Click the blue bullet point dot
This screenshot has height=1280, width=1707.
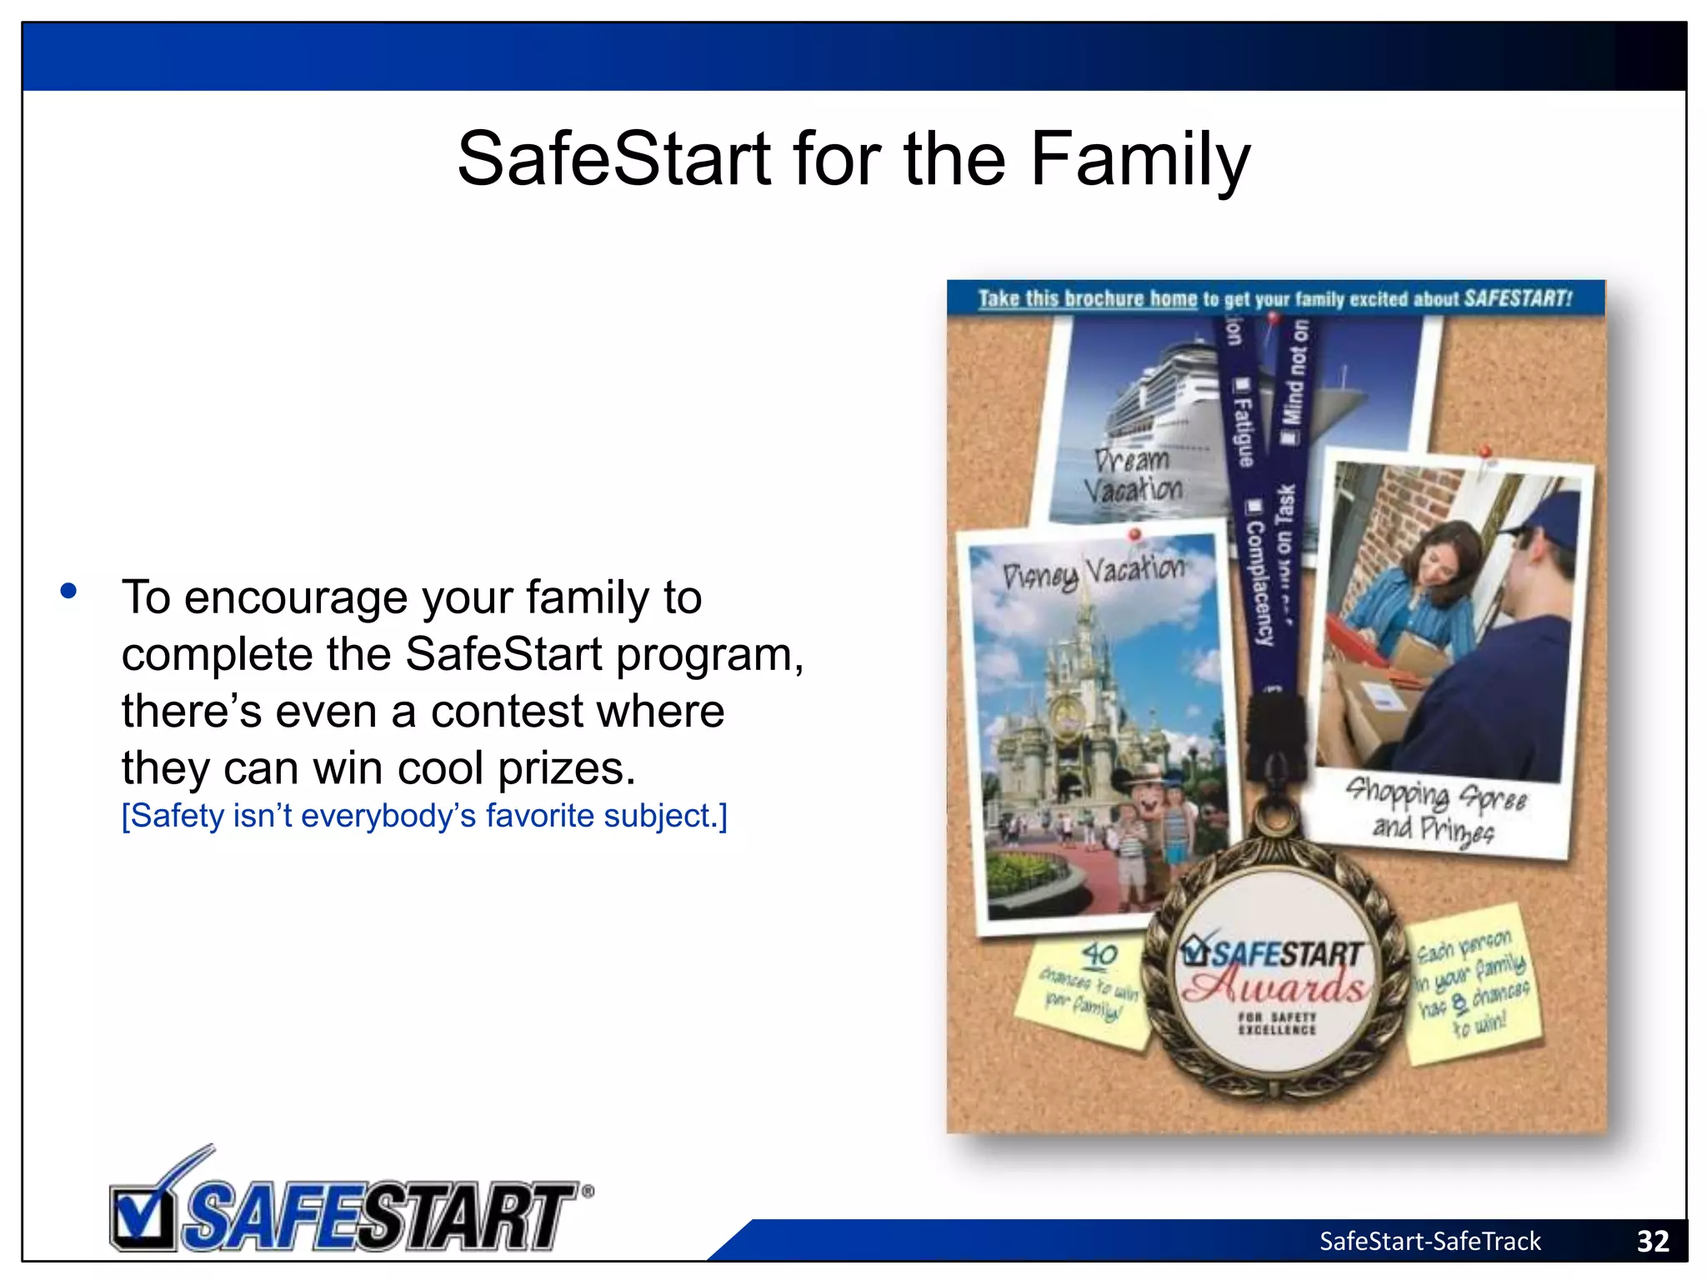point(69,592)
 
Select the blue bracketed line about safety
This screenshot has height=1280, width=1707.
point(424,816)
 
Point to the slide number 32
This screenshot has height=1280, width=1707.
point(1652,1242)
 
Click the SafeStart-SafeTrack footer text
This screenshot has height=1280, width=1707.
point(1429,1242)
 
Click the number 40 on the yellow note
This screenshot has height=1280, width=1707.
point(1099,954)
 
